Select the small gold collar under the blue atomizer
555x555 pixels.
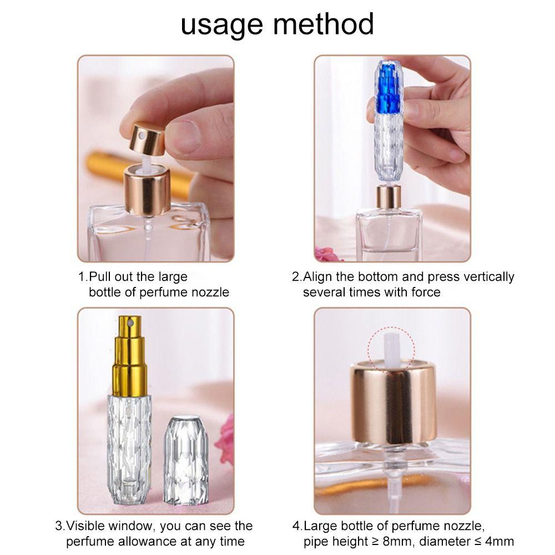click(388, 197)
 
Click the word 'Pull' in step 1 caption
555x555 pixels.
click(102, 276)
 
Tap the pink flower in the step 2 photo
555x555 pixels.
click(322, 254)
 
